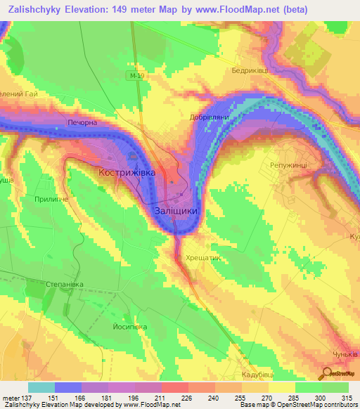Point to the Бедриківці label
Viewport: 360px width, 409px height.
click(252, 71)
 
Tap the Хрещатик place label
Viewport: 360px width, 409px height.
click(203, 258)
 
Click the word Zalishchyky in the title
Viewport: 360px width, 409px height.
click(32, 8)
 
